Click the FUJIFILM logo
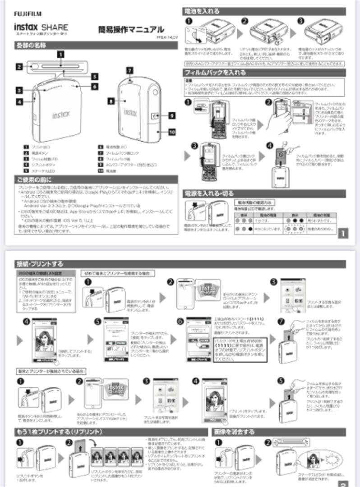pos(27,14)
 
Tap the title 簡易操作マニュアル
pos(131,30)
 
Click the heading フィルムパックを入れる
pos(215,72)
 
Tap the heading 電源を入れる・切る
pos(209,193)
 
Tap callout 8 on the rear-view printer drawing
pos(111,102)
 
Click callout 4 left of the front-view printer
pos(19,102)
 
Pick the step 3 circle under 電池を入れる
pos(301,21)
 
